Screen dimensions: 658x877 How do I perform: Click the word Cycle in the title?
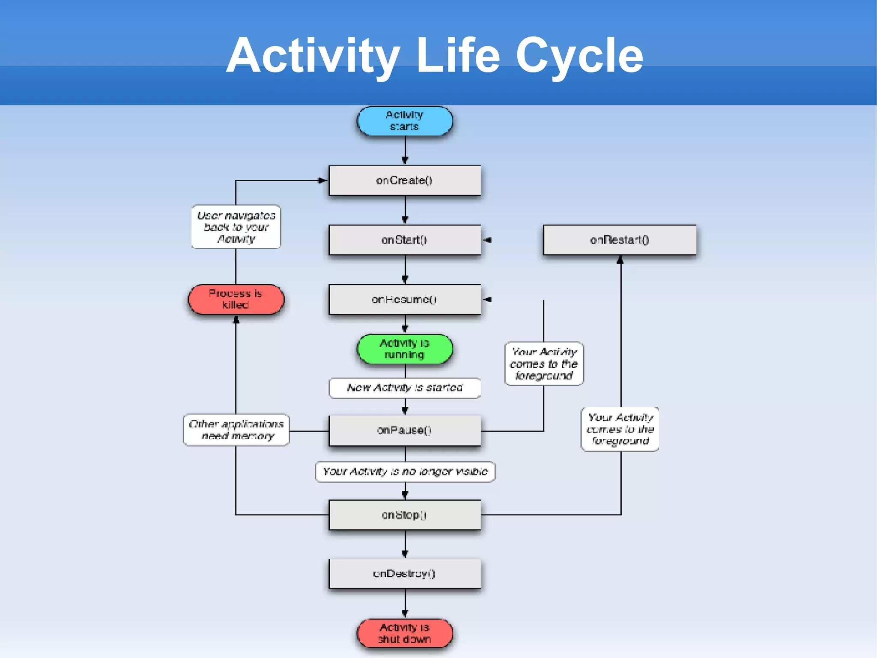click(x=579, y=56)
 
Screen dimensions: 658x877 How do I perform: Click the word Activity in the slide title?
click(x=313, y=56)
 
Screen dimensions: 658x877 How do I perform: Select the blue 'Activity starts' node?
click(x=405, y=121)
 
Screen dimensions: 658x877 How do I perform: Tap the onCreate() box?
click(x=405, y=180)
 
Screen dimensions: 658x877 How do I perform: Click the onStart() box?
click(x=405, y=240)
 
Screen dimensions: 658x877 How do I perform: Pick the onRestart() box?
click(x=619, y=240)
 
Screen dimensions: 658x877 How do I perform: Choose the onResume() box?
click(x=405, y=299)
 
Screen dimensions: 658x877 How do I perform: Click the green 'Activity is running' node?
click(x=405, y=349)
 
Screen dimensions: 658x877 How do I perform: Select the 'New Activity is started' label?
click(x=405, y=388)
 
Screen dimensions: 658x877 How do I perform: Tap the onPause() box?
click(x=405, y=430)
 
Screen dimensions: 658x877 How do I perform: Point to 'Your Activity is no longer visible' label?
click(x=405, y=472)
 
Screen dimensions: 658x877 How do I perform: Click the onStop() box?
click(x=405, y=514)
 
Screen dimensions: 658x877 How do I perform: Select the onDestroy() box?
click(x=405, y=574)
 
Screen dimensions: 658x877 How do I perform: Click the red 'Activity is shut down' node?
click(x=405, y=633)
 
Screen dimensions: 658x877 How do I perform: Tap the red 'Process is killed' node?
click(x=236, y=299)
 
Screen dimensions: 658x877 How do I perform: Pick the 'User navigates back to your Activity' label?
click(x=236, y=227)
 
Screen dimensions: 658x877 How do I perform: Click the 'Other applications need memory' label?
click(x=236, y=430)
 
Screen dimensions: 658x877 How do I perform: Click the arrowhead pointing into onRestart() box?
click(x=620, y=260)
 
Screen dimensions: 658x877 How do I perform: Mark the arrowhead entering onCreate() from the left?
click(x=322, y=180)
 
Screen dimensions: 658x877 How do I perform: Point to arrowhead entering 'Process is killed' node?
click(x=236, y=319)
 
